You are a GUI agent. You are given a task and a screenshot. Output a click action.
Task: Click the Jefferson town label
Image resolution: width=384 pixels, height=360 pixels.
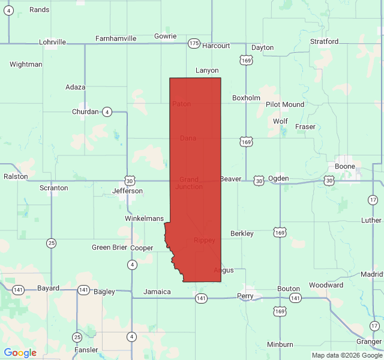127,191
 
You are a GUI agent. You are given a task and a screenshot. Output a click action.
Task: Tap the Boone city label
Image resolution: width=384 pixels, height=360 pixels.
345,166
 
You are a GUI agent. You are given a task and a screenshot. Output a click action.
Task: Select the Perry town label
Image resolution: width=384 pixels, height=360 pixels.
245,296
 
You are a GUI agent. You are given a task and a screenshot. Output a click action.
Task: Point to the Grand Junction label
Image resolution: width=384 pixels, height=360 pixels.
189,183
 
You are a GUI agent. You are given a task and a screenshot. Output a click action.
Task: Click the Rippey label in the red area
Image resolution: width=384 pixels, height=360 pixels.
204,241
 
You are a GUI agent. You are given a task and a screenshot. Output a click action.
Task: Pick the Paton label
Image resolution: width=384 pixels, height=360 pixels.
181,104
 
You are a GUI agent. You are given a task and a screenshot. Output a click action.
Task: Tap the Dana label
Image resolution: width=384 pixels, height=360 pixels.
188,138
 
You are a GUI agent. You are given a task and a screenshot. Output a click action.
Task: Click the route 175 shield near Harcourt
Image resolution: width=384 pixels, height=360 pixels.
194,43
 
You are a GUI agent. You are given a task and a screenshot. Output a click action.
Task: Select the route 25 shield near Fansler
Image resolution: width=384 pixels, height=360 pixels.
77,337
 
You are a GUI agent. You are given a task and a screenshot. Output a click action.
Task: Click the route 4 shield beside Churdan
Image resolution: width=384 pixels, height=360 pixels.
106,112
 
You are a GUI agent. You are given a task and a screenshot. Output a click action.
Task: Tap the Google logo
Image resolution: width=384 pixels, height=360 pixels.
20,353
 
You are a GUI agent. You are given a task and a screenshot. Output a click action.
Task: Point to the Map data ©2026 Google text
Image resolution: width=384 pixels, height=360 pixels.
346,355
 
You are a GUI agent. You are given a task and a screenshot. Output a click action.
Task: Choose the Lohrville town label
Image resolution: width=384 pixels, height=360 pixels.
52,42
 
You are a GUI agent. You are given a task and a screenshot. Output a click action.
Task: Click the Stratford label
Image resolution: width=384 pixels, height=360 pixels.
324,41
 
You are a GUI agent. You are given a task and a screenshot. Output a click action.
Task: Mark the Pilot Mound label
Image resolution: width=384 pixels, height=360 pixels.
285,104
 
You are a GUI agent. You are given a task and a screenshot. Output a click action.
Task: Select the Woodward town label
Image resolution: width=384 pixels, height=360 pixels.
326,285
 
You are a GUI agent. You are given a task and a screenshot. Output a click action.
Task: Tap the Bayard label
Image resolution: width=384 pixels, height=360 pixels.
48,288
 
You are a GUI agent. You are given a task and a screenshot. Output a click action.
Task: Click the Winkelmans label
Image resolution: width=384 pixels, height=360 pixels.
144,218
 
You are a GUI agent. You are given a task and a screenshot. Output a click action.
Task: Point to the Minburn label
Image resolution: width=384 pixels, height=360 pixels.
280,344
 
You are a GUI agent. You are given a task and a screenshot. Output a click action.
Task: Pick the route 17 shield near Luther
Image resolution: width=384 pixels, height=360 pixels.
373,199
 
